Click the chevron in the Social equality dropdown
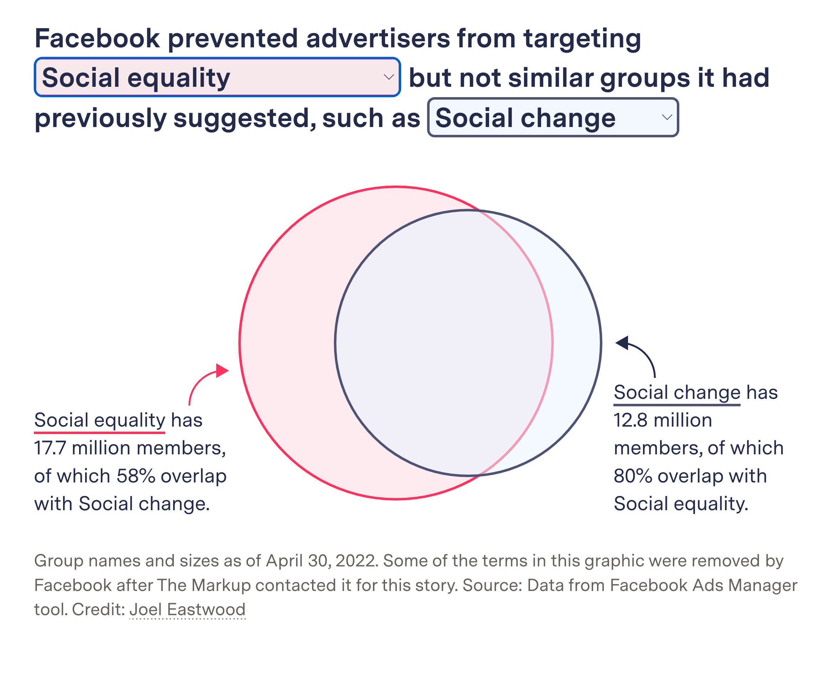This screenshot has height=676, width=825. [x=388, y=77]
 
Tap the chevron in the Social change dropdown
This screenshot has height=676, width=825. [x=667, y=117]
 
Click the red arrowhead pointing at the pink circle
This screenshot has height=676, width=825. [x=222, y=370]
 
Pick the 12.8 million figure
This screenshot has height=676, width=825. [x=663, y=421]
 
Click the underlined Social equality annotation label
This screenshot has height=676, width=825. [x=100, y=421]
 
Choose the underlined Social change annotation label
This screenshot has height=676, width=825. [x=677, y=392]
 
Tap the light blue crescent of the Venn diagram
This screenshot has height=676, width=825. [x=577, y=343]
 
